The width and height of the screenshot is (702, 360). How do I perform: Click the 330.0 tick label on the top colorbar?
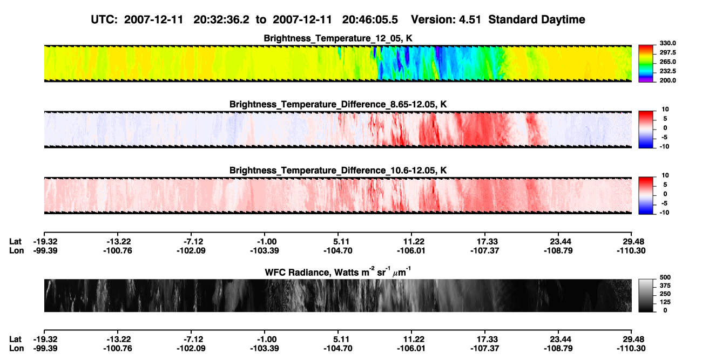pyautogui.click(x=667, y=43)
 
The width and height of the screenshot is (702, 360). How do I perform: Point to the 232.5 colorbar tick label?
pyautogui.click(x=667, y=71)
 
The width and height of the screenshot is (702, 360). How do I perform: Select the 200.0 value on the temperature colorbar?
pyautogui.click(x=667, y=80)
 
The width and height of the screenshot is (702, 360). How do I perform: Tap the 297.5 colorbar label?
pyautogui.click(x=667, y=53)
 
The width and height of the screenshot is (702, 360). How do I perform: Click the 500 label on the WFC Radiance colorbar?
pyautogui.click(x=665, y=277)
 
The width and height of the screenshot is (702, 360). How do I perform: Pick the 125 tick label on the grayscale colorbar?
pyautogui.click(x=665, y=302)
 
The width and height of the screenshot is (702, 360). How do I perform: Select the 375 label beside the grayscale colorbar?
pyautogui.click(x=665, y=286)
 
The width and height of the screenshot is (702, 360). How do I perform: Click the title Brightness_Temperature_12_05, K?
pyautogui.click(x=338, y=38)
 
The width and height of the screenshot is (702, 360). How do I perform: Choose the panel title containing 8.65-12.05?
pyautogui.click(x=338, y=104)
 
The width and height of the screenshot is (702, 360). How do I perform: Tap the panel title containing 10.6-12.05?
pyautogui.click(x=338, y=171)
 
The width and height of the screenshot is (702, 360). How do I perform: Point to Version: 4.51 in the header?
pyautogui.click(x=446, y=19)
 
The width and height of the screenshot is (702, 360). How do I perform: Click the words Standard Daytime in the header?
pyautogui.click(x=537, y=19)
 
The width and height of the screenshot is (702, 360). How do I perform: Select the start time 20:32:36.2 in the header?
pyautogui.click(x=221, y=19)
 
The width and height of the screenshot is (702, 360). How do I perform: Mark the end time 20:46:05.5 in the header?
pyautogui.click(x=370, y=19)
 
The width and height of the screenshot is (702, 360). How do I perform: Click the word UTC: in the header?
pyautogui.click(x=104, y=19)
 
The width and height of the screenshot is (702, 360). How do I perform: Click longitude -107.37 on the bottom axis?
pyautogui.click(x=484, y=349)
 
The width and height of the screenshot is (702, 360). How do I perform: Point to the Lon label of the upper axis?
pyautogui.click(x=17, y=250)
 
